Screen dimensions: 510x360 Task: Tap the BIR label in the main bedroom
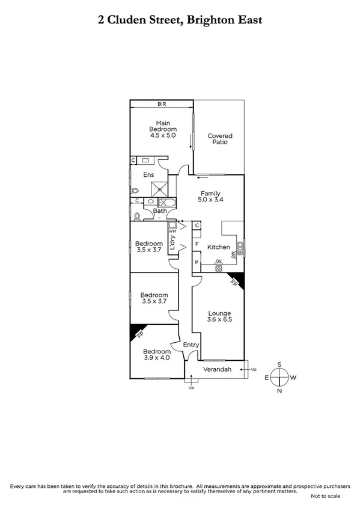pyautogui.click(x=161, y=104)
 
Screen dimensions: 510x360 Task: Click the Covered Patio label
pyautogui.click(x=219, y=140)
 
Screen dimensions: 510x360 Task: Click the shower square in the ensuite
pyautogui.click(x=159, y=188)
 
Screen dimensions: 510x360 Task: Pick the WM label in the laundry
pyautogui.click(x=172, y=232)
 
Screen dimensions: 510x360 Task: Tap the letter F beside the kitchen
pyautogui.click(x=197, y=244)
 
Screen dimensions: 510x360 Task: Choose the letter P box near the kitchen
pyautogui.click(x=197, y=263)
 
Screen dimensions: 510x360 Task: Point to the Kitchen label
pyautogui.click(x=219, y=247)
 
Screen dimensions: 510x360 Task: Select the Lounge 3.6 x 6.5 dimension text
pyautogui.click(x=220, y=316)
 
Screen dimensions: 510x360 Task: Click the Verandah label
pyautogui.click(x=217, y=369)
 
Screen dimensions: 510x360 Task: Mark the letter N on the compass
pyautogui.click(x=279, y=391)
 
